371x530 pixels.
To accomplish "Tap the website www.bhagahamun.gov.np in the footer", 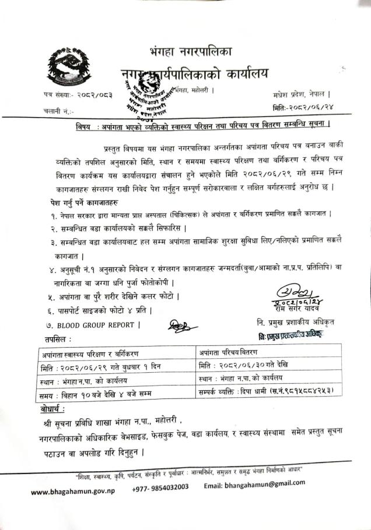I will point(73,490).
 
